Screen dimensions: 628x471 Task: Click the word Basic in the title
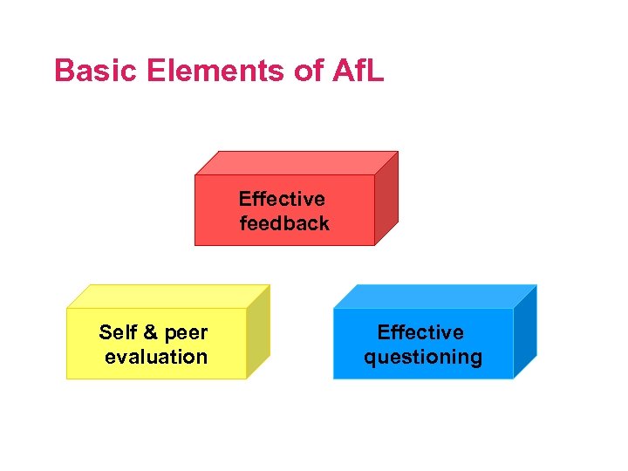coord(85,71)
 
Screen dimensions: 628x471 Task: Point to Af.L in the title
coord(357,71)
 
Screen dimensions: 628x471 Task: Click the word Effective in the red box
coord(282,199)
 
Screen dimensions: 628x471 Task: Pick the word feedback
coord(285,223)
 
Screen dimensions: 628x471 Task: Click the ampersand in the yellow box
coord(149,332)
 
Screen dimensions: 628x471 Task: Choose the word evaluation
coord(156,357)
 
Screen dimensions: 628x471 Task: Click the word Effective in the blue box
coord(420,332)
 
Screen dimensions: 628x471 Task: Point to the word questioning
coord(423,358)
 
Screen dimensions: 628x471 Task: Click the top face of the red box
coord(297,163)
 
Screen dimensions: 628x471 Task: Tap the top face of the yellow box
coord(168,297)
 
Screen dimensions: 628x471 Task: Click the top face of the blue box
coord(435,297)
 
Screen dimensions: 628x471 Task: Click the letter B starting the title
coord(63,71)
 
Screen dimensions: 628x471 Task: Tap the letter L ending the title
coord(374,71)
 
